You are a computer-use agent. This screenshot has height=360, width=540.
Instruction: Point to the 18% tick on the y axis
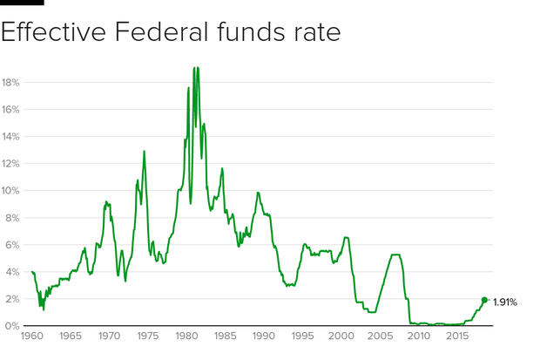(x=10, y=83)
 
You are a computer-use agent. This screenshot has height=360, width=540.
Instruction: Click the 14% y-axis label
(x=10, y=137)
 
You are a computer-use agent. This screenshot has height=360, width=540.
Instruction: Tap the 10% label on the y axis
(x=10, y=191)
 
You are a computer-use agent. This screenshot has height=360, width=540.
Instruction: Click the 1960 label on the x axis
(x=31, y=336)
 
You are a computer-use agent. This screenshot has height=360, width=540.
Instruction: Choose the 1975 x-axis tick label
(x=147, y=336)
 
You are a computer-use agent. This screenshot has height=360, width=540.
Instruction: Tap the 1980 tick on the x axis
(x=186, y=336)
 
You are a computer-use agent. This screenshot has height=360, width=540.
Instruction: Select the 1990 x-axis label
(x=263, y=336)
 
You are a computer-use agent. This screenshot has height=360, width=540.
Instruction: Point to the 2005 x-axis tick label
(x=380, y=336)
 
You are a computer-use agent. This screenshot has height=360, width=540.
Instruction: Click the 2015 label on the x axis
(x=456, y=336)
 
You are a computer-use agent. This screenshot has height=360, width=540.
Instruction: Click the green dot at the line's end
(x=484, y=300)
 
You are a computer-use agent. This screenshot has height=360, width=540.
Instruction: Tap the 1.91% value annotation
(x=506, y=302)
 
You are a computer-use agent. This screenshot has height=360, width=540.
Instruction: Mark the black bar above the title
(x=22, y=3)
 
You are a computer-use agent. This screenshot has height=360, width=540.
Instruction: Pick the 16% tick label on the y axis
(x=10, y=110)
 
